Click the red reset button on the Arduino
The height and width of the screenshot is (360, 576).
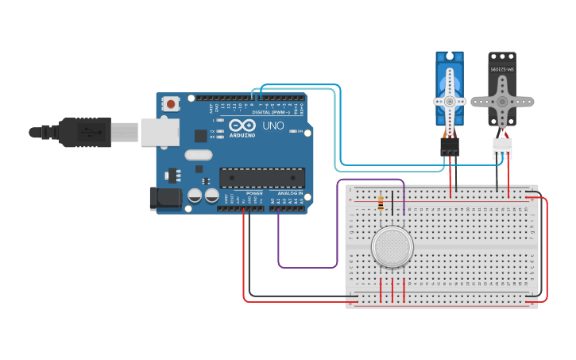(171, 103)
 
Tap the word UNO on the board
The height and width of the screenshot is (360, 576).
(273, 126)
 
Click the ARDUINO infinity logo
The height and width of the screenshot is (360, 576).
(242, 126)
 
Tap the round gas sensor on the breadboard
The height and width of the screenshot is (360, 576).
(392, 246)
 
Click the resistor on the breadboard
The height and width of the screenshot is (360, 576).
(381, 204)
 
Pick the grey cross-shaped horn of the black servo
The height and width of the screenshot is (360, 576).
(501, 101)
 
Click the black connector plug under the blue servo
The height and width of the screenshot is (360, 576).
(450, 146)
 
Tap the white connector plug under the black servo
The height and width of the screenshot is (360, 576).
(502, 148)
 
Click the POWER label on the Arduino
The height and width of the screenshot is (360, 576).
(254, 193)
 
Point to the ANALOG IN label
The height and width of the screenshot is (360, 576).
(290, 193)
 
